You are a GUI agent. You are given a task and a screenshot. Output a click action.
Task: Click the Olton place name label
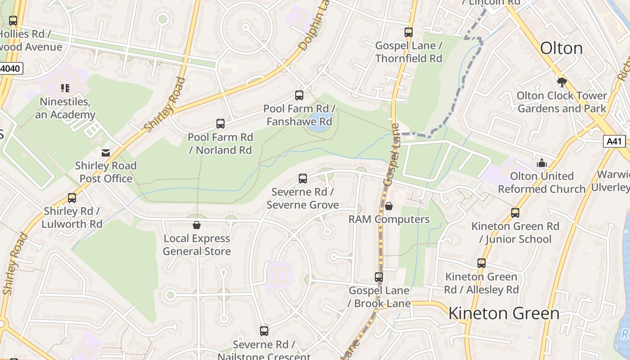(561, 48)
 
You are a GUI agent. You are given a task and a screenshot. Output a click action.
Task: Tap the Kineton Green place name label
(504, 313)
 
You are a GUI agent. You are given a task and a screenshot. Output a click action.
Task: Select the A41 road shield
(614, 141)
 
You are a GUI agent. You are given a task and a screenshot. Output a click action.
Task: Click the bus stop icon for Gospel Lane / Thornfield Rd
(408, 32)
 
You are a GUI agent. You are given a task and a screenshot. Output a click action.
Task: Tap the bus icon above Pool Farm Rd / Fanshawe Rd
(299, 95)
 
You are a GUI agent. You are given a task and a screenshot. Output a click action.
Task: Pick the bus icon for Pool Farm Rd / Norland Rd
(220, 124)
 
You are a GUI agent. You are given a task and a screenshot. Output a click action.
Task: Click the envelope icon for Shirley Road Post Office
(106, 153)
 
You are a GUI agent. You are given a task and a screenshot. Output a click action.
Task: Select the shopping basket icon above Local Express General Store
(197, 225)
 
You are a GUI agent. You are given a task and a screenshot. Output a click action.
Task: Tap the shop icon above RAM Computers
(389, 206)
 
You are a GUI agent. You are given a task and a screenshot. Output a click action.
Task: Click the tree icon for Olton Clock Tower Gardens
(562, 82)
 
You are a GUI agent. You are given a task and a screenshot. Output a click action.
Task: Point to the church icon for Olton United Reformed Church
(542, 163)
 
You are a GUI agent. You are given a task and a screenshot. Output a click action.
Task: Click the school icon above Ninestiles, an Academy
(65, 88)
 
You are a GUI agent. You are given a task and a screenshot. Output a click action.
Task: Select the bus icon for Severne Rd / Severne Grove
(303, 179)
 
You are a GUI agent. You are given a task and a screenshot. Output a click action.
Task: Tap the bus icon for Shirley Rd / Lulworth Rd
(72, 198)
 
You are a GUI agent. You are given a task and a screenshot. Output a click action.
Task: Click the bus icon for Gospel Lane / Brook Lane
(379, 277)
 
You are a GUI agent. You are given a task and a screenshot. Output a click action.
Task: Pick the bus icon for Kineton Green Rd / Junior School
(515, 213)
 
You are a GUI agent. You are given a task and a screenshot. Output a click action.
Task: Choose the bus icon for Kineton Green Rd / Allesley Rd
(481, 263)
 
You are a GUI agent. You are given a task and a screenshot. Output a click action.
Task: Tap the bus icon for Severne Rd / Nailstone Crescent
(264, 331)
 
